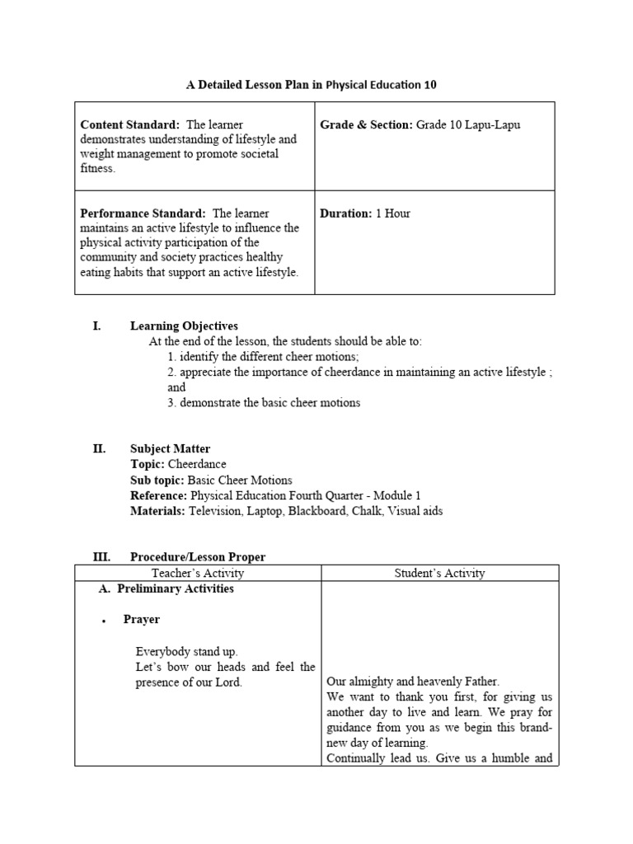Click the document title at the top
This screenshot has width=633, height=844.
click(x=312, y=85)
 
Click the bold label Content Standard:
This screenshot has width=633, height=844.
click(x=129, y=124)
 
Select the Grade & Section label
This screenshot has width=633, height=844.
click(x=366, y=124)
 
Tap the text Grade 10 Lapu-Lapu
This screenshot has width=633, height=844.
click(x=468, y=124)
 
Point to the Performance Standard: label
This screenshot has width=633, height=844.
click(x=143, y=213)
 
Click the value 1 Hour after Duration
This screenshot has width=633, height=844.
click(x=392, y=213)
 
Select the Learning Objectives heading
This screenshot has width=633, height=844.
click(x=184, y=326)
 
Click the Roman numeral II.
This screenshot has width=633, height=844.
click(x=99, y=449)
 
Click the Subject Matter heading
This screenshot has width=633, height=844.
click(x=170, y=449)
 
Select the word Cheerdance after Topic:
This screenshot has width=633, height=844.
click(x=197, y=465)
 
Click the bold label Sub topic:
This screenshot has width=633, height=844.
click(x=157, y=481)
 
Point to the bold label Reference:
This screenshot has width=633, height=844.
click(x=158, y=495)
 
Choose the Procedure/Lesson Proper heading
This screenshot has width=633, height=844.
click(x=198, y=557)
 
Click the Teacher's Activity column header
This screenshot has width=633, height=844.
click(x=198, y=573)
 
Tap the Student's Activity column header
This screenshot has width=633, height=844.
click(x=441, y=573)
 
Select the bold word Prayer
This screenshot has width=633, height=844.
click(x=142, y=620)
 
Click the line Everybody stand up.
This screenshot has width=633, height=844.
click(x=186, y=651)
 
